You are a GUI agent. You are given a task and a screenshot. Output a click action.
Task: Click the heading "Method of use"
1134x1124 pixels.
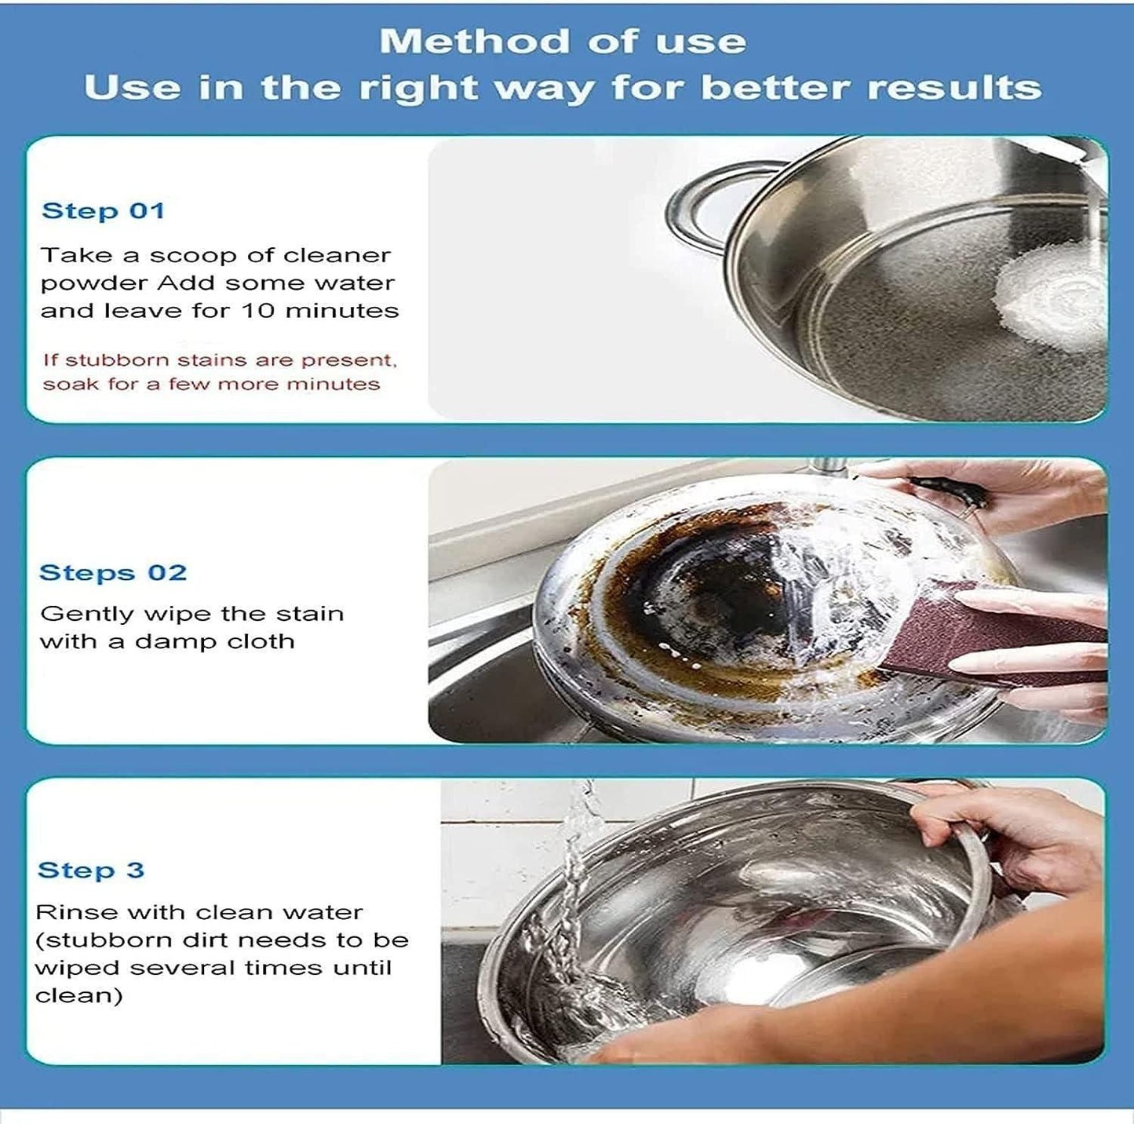563,42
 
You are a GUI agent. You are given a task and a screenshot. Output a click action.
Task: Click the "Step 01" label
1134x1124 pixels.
103,210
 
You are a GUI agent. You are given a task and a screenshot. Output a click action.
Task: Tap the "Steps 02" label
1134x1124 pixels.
113,572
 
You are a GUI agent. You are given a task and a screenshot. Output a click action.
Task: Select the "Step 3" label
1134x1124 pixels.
91,870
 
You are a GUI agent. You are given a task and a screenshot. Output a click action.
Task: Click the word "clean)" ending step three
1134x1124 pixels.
78,996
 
